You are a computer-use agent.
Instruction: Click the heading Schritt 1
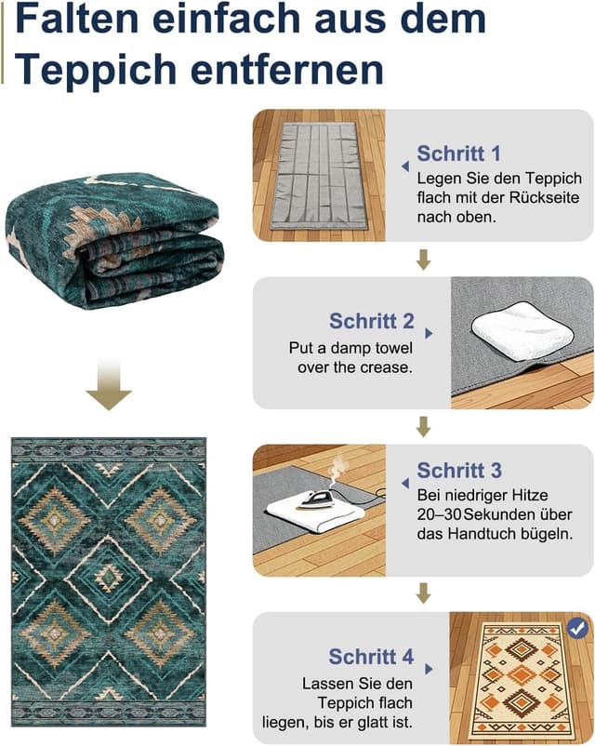pos(458,153)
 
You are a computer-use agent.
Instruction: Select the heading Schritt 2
pos(372,321)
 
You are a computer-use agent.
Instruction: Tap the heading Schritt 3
pos(459,471)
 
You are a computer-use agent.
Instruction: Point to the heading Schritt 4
pos(371,657)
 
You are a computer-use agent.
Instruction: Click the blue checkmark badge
pos(577,629)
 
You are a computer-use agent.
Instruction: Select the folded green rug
pos(114,240)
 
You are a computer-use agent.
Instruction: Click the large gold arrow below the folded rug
pos(109,384)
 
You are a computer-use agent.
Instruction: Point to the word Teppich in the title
pos(96,70)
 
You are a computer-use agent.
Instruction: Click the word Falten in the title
pos(77,19)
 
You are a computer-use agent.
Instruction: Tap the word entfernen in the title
pos(287,70)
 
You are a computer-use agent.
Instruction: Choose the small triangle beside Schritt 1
pos(405,167)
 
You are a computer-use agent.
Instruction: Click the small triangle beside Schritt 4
pos(429,669)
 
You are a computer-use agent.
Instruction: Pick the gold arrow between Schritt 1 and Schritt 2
pos(423,260)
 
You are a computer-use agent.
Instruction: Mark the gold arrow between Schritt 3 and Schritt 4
pos(423,593)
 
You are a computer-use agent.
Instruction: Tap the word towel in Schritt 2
pos(393,348)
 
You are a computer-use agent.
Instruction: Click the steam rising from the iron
pos(337,470)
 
